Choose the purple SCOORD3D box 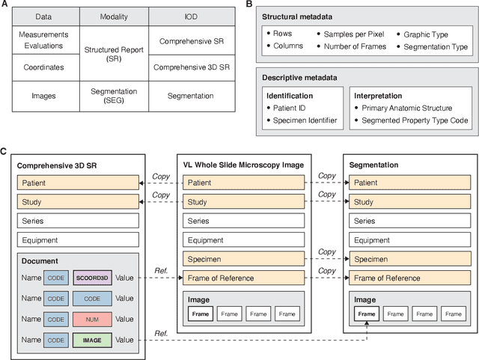[x=93, y=277]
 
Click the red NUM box [x=93, y=319]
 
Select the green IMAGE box [x=93, y=340]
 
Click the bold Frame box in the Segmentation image [x=367, y=314]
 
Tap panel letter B [x=248, y=4]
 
